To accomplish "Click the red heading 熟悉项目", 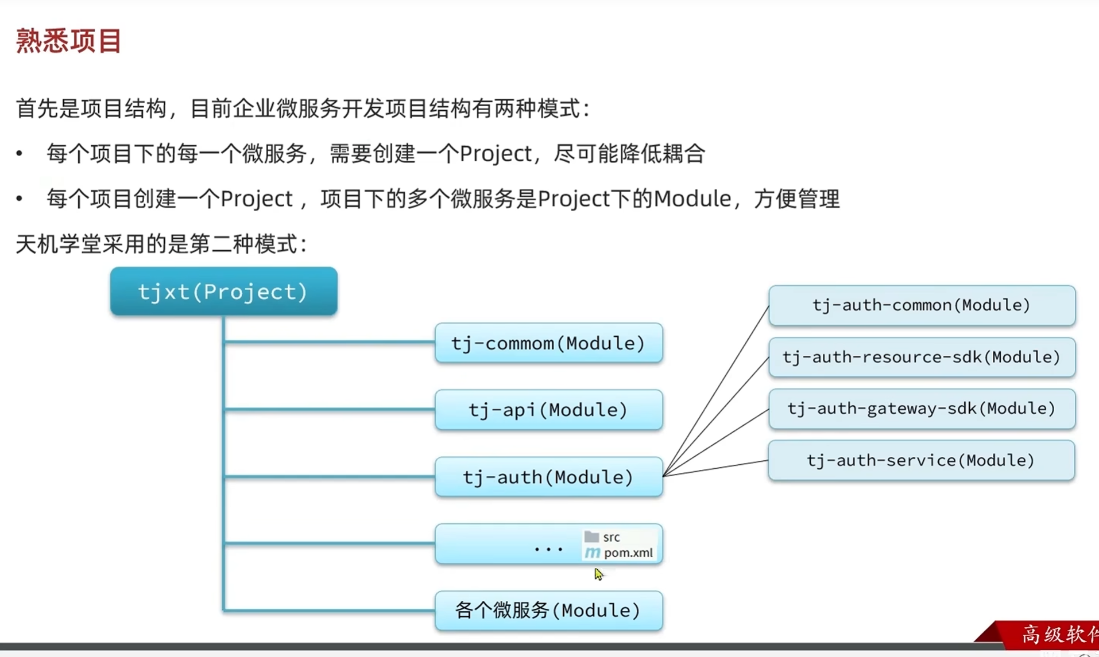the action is (68, 41).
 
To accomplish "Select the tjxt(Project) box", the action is (223, 291).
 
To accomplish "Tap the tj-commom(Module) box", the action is (548, 343).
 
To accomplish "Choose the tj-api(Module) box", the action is (548, 410).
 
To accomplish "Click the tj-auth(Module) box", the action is (548, 476).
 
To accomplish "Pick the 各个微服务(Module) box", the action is (548, 611).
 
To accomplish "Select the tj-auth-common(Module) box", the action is (922, 305).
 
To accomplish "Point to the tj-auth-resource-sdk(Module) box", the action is (922, 357).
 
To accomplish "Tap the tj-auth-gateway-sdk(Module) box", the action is (922, 409).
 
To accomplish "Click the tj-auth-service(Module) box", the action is (921, 460).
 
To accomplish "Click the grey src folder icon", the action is (591, 537).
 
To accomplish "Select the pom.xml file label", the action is (628, 553).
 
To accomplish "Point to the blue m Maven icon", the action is (592, 553).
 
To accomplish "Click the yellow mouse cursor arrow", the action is (599, 574).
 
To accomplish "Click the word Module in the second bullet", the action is (692, 199).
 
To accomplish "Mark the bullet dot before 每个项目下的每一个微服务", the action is (20, 153).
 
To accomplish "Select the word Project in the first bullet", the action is (496, 154).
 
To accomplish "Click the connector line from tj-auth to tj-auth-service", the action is (715, 468).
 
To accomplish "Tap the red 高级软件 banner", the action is (1039, 635).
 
